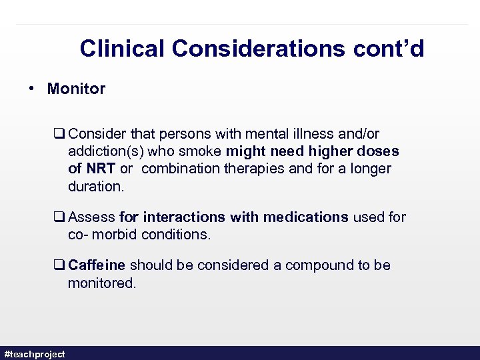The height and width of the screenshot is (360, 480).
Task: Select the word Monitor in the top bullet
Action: [76, 89]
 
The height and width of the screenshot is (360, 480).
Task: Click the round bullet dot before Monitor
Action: [32, 89]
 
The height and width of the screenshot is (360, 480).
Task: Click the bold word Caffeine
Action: [97, 265]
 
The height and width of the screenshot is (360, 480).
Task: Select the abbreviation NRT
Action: [99, 169]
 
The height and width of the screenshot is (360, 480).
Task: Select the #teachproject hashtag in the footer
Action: [35, 354]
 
